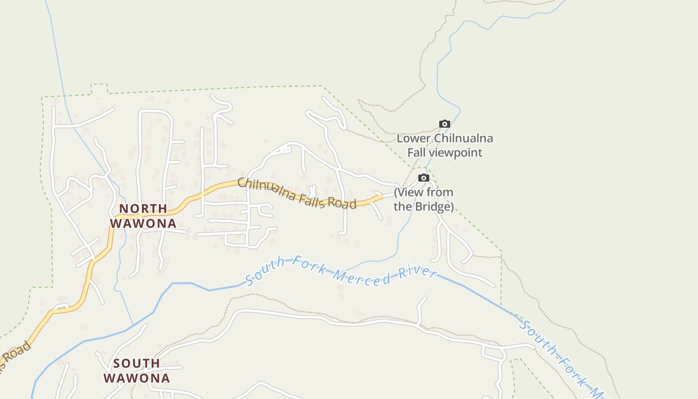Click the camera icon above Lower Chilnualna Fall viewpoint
(444, 124)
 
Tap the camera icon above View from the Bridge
(424, 178)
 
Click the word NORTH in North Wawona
(143, 208)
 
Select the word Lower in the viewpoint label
(413, 138)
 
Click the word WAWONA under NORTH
(143, 223)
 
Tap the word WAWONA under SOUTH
(137, 378)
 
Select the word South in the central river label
(265, 270)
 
